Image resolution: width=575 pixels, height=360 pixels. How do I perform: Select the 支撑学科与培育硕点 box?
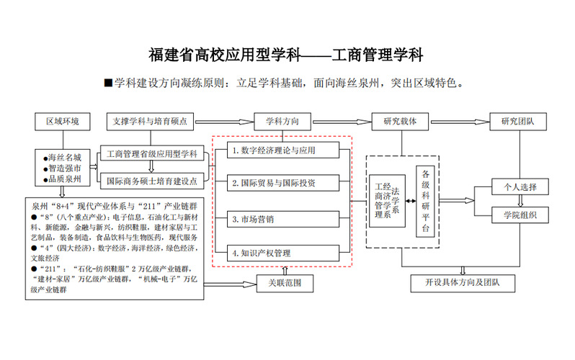pyautogui.click(x=150, y=121)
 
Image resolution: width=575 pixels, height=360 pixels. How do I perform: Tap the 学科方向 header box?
pyautogui.click(x=282, y=121)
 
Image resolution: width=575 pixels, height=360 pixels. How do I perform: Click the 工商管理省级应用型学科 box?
pyautogui.click(x=151, y=153)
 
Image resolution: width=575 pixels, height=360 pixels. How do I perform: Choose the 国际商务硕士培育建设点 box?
pyautogui.click(x=151, y=180)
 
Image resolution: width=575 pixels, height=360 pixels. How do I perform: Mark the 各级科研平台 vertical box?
pyautogui.click(x=425, y=202)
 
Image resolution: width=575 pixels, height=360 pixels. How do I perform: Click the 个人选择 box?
pyautogui.click(x=520, y=187)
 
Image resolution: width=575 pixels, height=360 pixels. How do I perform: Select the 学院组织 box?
pyautogui.click(x=520, y=214)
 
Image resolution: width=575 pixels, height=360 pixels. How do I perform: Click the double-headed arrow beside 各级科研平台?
pyautogui.click(x=410, y=201)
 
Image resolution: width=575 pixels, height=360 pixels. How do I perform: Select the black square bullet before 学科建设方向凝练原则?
pyautogui.click(x=109, y=83)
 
